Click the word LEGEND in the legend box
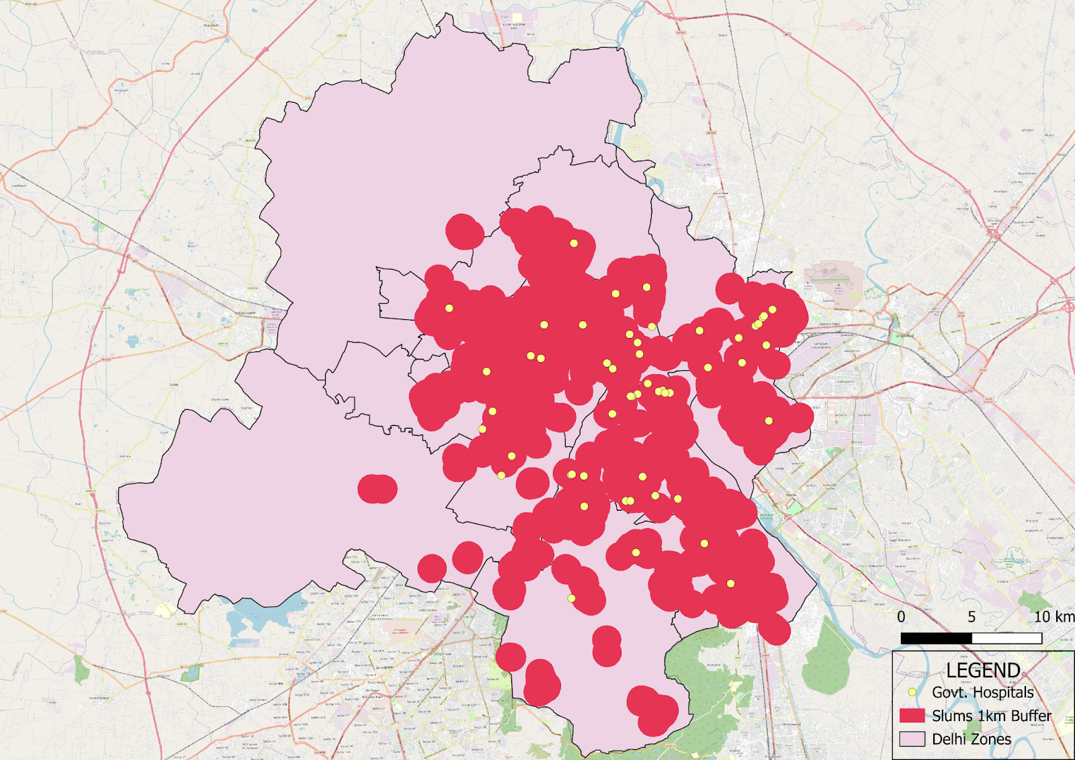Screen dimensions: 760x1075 pyautogui.click(x=983, y=670)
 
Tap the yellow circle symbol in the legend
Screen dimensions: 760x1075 pyautogui.click(x=912, y=691)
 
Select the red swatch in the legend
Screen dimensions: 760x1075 pyautogui.click(x=912, y=715)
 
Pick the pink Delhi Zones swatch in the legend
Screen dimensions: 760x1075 pyautogui.click(x=912, y=738)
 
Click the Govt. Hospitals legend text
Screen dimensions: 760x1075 pyautogui.click(x=983, y=692)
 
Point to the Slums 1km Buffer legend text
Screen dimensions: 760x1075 pyautogui.click(x=992, y=716)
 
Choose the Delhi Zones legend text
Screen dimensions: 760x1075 pyautogui.click(x=972, y=739)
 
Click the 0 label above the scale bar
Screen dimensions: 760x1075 pyautogui.click(x=901, y=617)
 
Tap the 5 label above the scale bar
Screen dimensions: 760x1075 pyautogui.click(x=972, y=617)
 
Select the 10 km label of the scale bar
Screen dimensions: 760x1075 pyautogui.click(x=1054, y=617)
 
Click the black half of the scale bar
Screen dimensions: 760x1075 pyautogui.click(x=936, y=638)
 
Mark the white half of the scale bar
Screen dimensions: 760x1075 pyautogui.click(x=1006, y=638)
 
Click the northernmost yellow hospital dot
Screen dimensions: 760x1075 pyautogui.click(x=574, y=243)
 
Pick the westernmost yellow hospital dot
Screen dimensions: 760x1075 pyautogui.click(x=449, y=308)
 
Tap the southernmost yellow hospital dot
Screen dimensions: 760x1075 pyautogui.click(x=571, y=598)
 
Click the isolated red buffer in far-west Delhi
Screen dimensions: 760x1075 pyautogui.click(x=377, y=489)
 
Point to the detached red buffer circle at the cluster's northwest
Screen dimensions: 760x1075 pyautogui.click(x=464, y=232)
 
